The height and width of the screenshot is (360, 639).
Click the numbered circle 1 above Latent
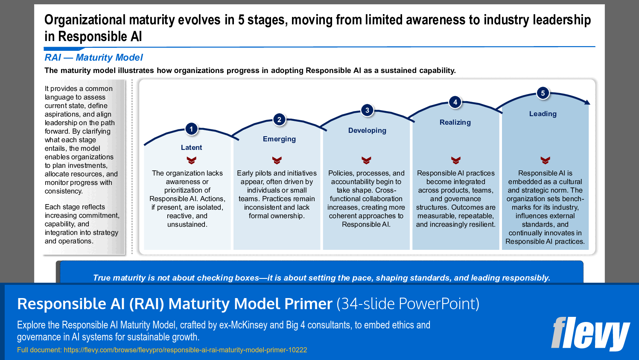191,129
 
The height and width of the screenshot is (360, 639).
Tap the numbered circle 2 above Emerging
279,120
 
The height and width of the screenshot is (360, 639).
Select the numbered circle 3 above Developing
367,110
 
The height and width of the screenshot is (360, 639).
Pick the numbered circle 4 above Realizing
455,102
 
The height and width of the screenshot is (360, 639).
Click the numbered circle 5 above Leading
543,93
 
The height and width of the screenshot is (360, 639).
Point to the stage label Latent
191,147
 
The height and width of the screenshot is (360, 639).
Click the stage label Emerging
279,139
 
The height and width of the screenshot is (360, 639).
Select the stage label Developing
367,130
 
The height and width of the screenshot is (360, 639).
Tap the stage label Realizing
455,122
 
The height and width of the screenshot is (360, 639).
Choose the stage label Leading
543,114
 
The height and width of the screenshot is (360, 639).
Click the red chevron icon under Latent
191,161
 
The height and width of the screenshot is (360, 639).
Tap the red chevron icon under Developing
366,161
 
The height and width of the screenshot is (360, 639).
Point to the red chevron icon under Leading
545,161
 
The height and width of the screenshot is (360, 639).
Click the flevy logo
590,334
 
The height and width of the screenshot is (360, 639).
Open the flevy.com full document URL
185,350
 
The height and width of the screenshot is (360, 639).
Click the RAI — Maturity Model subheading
93,58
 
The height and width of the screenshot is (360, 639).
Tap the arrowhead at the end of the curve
587,102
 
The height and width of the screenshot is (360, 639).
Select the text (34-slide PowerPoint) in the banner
408,304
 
